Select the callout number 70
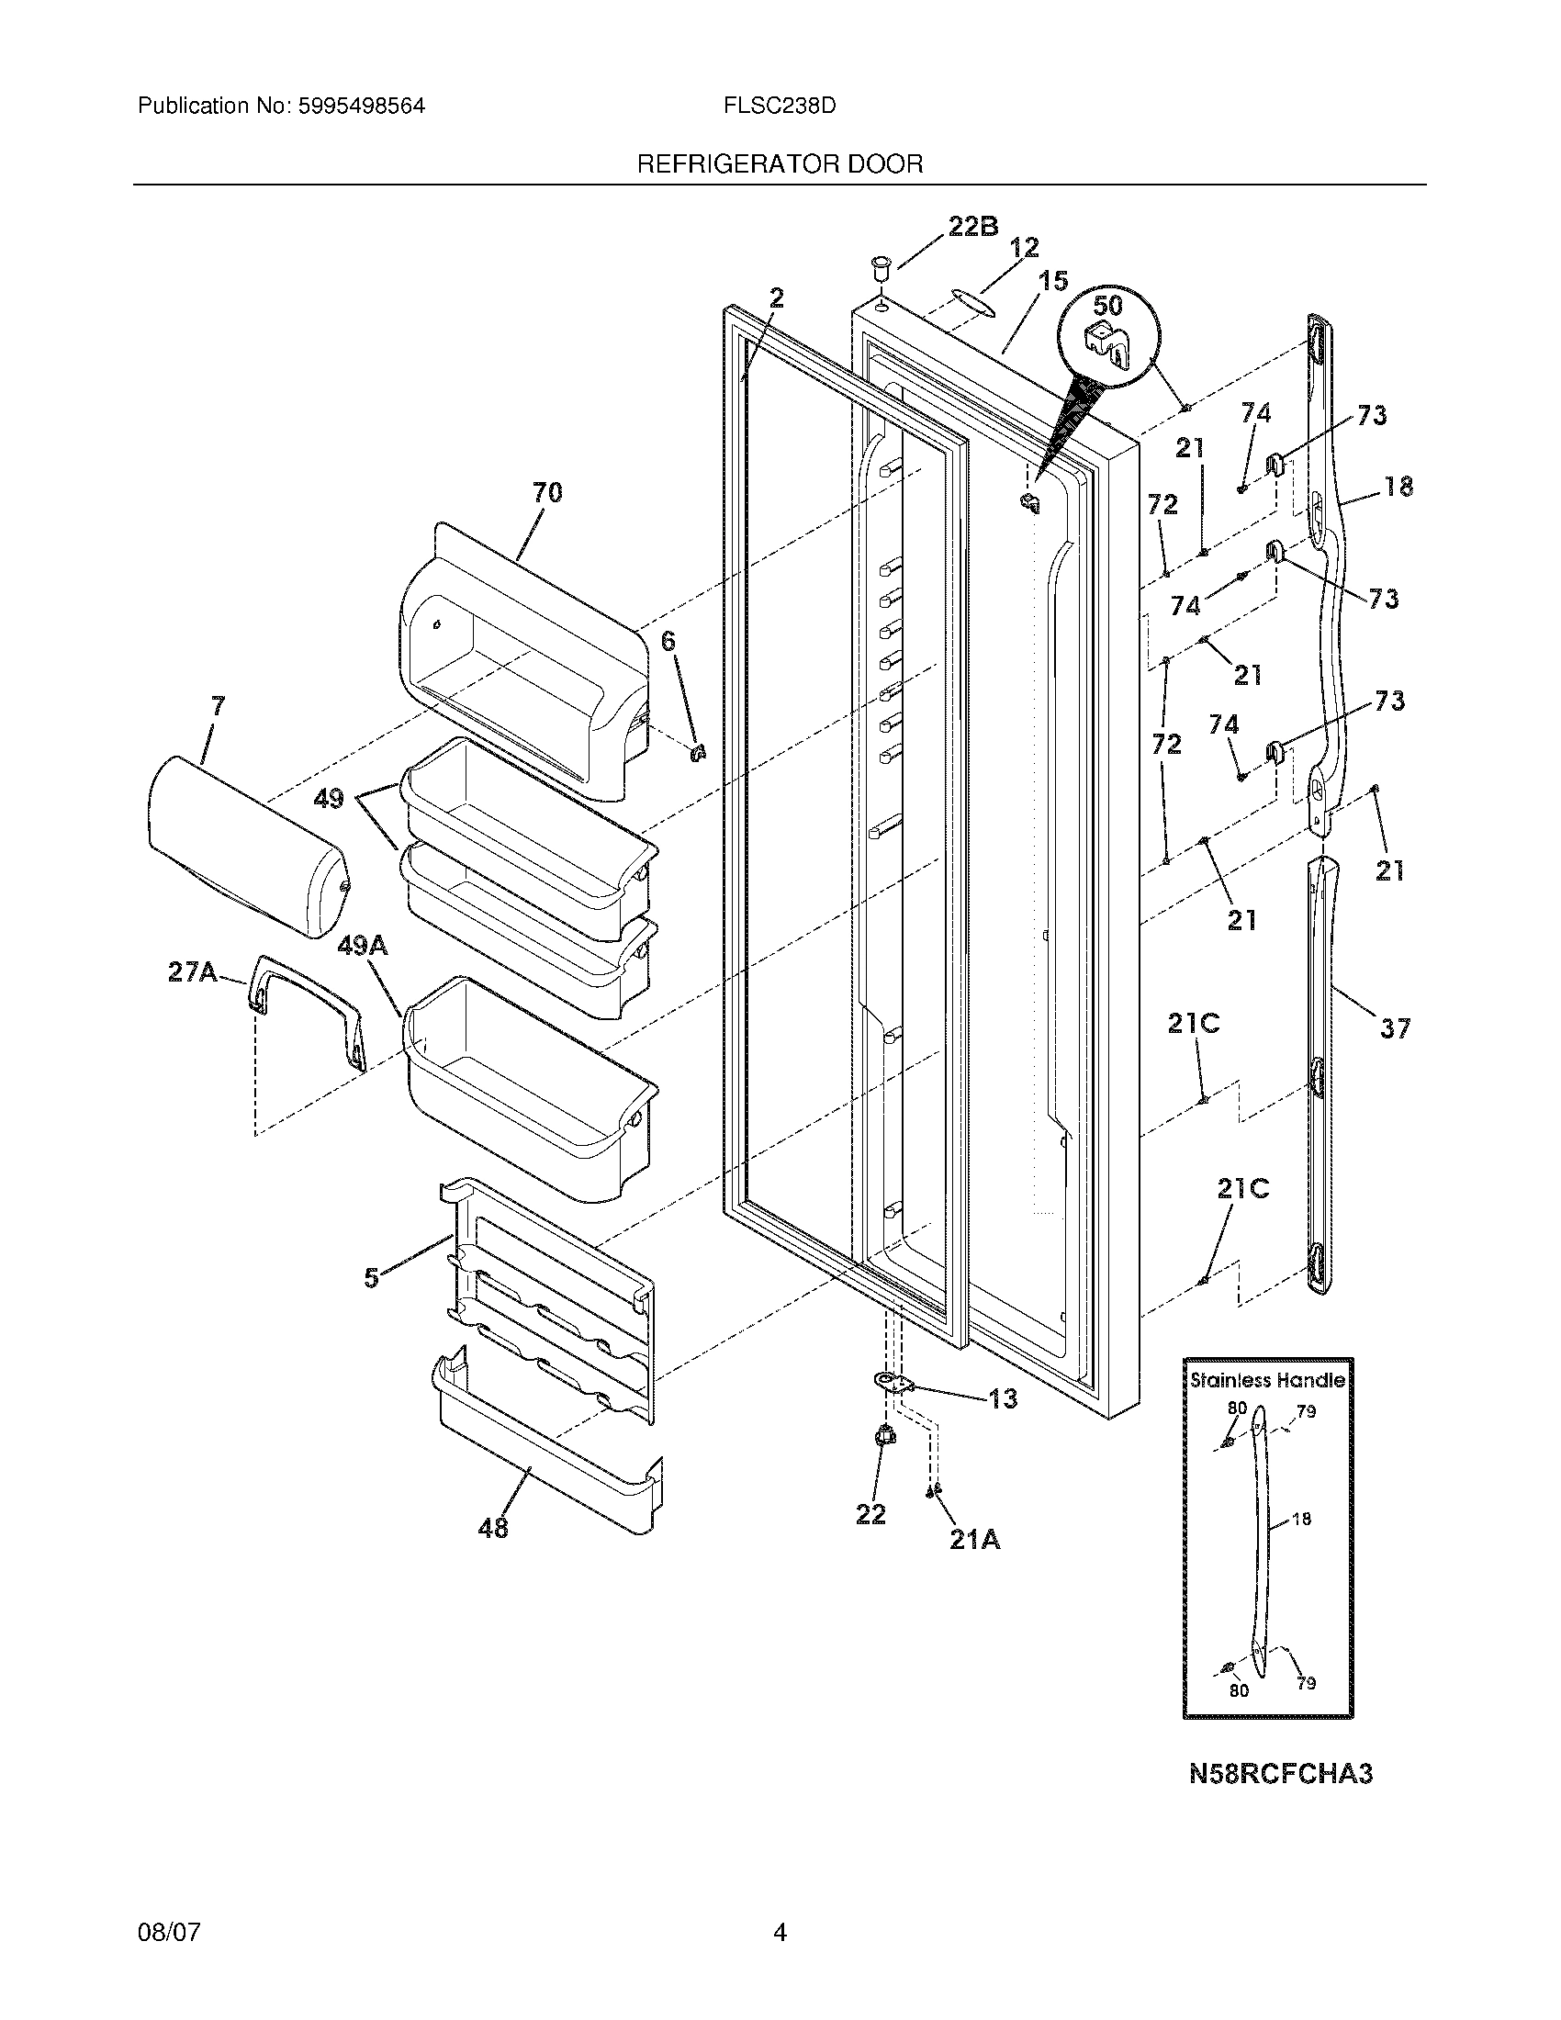(546, 492)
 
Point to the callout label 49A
(363, 945)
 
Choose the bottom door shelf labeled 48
(545, 1471)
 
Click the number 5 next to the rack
(371, 1278)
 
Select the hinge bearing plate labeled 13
(893, 1382)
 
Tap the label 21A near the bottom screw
(973, 1540)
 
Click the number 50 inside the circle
(1108, 305)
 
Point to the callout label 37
(1395, 1027)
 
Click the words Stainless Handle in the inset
(1267, 1380)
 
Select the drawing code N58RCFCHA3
(1280, 1773)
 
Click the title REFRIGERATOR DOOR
(780, 164)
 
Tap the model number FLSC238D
(780, 106)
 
